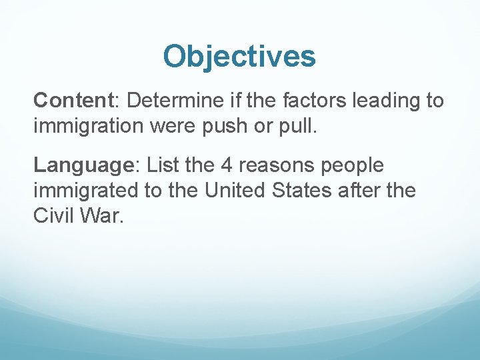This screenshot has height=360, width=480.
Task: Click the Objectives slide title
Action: (239, 57)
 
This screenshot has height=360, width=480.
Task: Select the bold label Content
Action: (74, 101)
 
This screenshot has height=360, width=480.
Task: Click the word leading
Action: (385, 101)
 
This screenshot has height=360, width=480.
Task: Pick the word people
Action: (351, 165)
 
